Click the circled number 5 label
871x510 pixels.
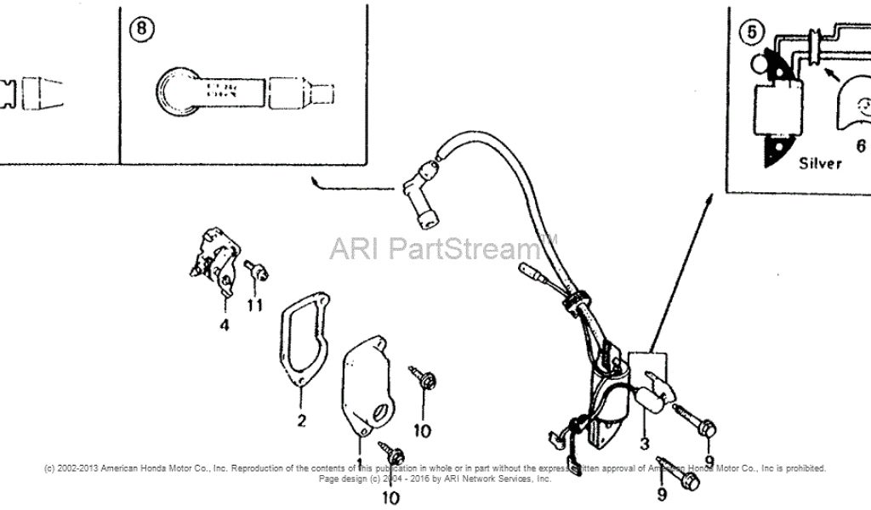749,33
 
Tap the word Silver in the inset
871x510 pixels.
820,162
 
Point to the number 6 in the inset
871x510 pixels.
861,146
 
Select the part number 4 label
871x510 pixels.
225,325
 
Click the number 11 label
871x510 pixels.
255,305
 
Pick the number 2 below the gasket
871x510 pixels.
301,420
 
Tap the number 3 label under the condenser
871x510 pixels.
645,443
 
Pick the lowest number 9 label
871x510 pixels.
662,492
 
